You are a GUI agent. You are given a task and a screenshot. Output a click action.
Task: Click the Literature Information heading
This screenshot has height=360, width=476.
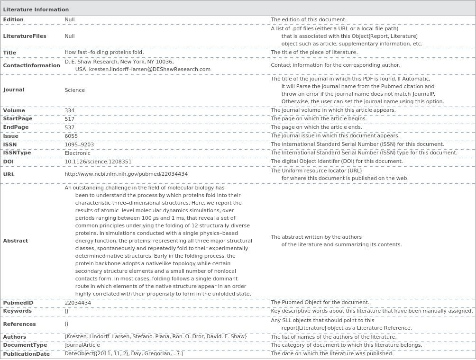(x=36, y=9)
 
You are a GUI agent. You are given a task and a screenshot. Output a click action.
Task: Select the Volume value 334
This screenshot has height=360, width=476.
(x=70, y=110)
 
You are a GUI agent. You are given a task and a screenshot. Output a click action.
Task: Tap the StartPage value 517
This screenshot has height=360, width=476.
(x=70, y=119)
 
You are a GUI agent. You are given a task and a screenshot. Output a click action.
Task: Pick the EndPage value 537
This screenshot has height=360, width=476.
(x=70, y=127)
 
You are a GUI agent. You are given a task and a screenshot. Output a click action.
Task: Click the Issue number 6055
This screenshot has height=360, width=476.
(x=71, y=136)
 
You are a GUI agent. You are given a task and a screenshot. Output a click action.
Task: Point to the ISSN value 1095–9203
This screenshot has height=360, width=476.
(x=79, y=144)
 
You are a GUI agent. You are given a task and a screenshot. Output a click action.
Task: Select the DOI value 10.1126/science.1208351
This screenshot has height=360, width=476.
(x=98, y=162)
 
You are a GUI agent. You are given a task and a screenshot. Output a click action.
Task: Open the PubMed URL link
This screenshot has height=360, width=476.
(x=126, y=174)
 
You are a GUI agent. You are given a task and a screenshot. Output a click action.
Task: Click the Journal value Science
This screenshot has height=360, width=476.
(x=75, y=90)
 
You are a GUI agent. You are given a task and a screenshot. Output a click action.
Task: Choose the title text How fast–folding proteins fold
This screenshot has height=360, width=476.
(x=104, y=53)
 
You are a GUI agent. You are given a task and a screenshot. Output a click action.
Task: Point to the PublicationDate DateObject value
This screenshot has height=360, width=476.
(x=123, y=354)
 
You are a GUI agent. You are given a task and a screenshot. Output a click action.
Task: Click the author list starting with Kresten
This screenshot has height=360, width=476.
(x=156, y=337)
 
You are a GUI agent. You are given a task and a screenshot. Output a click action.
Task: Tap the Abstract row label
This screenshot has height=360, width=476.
(x=16, y=241)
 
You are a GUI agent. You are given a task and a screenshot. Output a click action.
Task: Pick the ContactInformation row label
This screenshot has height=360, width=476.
(x=31, y=65)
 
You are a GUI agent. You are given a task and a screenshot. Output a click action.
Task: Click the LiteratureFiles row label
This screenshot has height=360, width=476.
(x=25, y=36)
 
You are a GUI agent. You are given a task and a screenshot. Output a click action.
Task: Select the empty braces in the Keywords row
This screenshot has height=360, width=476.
(x=67, y=311)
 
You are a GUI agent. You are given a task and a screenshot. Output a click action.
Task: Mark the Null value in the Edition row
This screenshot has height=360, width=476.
(x=70, y=20)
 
